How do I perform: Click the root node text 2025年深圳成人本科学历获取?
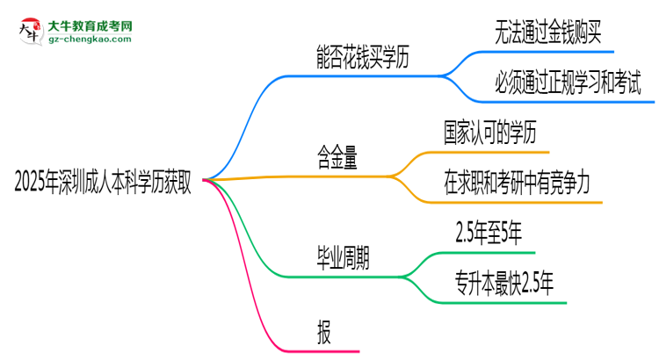tap(104, 182)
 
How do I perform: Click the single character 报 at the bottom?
tap(325, 331)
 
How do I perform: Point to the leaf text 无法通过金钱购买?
tap(548, 34)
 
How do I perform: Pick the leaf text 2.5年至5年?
tap(489, 234)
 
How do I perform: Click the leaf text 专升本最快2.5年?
tap(504, 284)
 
